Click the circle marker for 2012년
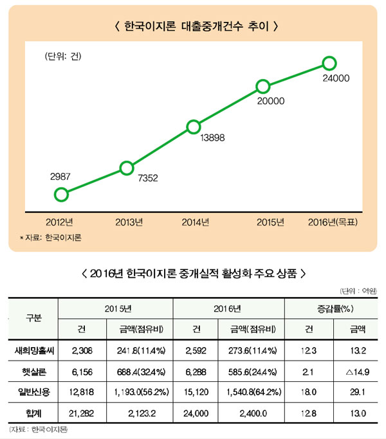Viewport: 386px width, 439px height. [x=61, y=194]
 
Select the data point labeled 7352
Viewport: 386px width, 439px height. [x=127, y=168]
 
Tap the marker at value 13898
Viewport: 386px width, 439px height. [x=192, y=127]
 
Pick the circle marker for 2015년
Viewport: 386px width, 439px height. [x=262, y=87]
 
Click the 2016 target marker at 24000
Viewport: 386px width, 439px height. [x=329, y=63]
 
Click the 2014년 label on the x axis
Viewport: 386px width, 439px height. [x=196, y=222]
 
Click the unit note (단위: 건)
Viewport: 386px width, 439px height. [x=67, y=56]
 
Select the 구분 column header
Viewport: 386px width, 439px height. [x=33, y=318]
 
